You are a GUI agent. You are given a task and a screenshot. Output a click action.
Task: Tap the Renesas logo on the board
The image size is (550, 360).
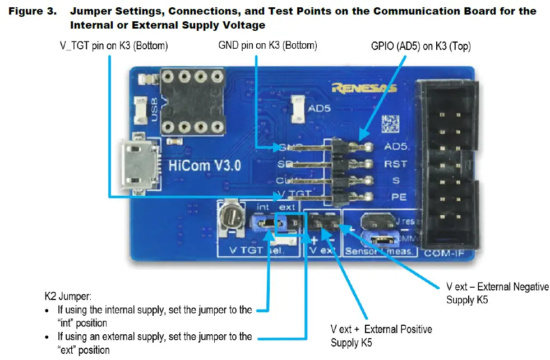(364, 87)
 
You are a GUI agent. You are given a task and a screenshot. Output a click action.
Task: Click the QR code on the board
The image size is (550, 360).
(391, 123)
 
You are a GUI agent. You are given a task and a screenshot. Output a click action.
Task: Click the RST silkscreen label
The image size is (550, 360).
(395, 164)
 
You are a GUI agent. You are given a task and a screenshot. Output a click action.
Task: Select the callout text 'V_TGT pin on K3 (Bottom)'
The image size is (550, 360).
(114, 45)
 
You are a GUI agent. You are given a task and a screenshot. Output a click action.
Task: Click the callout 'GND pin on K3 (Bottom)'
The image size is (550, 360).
(267, 45)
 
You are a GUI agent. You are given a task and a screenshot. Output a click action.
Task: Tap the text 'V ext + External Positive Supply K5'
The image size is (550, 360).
(381, 335)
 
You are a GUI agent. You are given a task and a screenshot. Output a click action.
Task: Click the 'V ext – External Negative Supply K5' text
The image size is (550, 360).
(497, 293)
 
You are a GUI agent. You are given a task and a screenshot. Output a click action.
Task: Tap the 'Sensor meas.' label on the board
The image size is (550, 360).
(380, 251)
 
